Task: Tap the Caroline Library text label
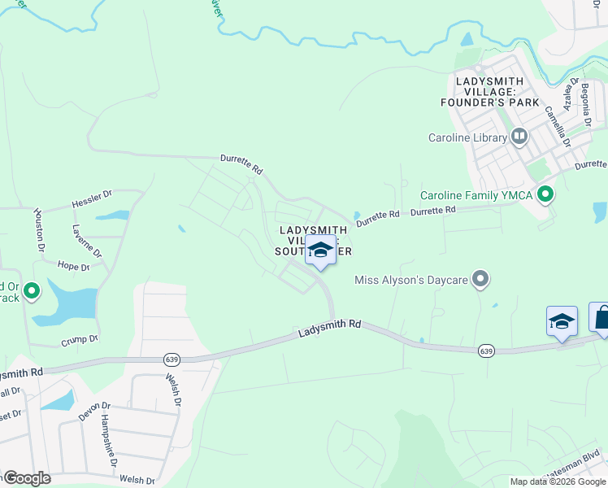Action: coord(467,137)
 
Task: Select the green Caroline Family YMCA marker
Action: coord(546,195)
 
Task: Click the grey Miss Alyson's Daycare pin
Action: coord(481,280)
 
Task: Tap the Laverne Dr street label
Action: coord(86,241)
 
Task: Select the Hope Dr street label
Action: coord(72,265)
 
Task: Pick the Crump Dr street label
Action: coord(79,338)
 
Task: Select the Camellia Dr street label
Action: coord(558,125)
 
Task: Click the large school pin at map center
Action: coord(320,251)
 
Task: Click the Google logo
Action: coord(25,478)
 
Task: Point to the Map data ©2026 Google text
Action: coord(558,481)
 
